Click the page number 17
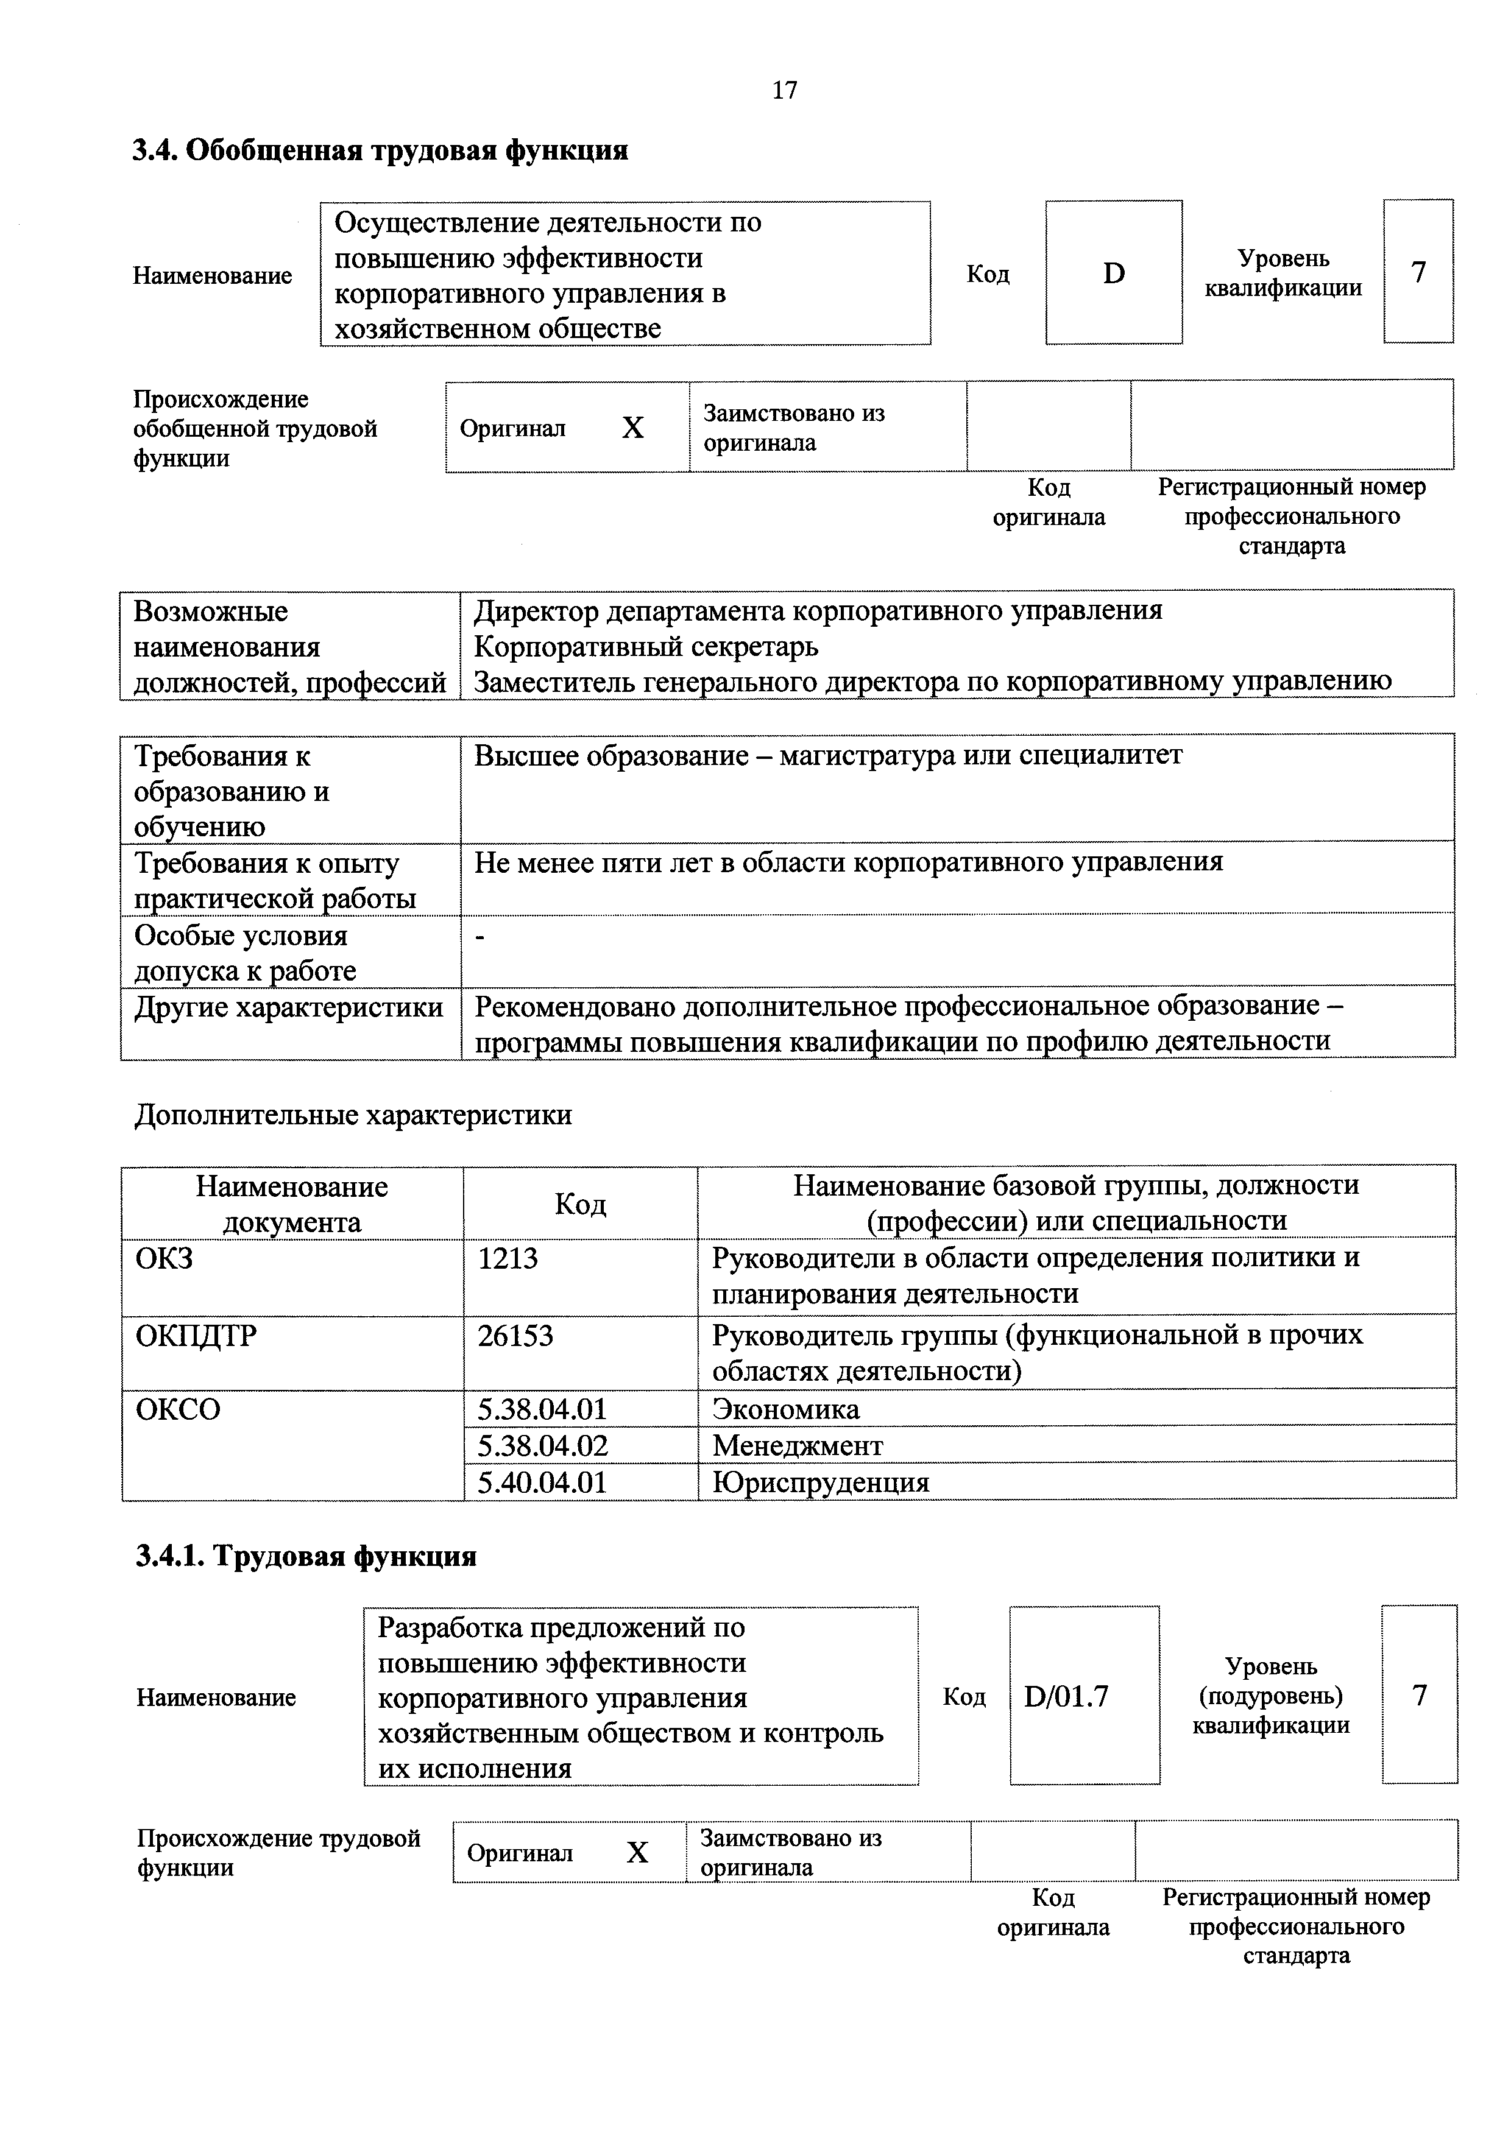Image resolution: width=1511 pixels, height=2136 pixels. pyautogui.click(x=784, y=90)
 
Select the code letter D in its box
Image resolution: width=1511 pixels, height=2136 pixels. pyautogui.click(x=1114, y=273)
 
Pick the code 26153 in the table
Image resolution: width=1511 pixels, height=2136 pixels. pyautogui.click(x=515, y=1336)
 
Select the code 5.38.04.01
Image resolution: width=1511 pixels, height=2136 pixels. pyautogui.click(x=542, y=1409)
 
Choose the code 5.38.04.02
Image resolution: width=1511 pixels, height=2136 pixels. pyautogui.click(x=542, y=1446)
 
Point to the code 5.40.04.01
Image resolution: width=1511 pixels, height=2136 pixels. pyautogui.click(x=542, y=1482)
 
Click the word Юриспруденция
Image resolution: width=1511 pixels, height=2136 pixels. pyautogui.click(x=821, y=1482)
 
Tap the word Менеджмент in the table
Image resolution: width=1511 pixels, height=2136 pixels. pyautogui.click(x=798, y=1446)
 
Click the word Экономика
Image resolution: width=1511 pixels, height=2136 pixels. pyautogui.click(x=785, y=1409)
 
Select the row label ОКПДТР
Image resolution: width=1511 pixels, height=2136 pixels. pyautogui.click(x=196, y=1336)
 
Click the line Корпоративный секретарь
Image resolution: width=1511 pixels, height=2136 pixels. pyautogui.click(x=646, y=646)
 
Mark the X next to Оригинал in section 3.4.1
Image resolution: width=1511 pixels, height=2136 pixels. pyautogui.click(x=637, y=1853)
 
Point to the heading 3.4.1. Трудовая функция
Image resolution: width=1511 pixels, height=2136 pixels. pyautogui.click(x=306, y=1556)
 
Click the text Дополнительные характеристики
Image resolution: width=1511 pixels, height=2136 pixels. pyautogui.click(x=353, y=1115)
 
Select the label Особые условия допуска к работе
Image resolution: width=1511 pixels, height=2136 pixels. pyautogui.click(x=245, y=953)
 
